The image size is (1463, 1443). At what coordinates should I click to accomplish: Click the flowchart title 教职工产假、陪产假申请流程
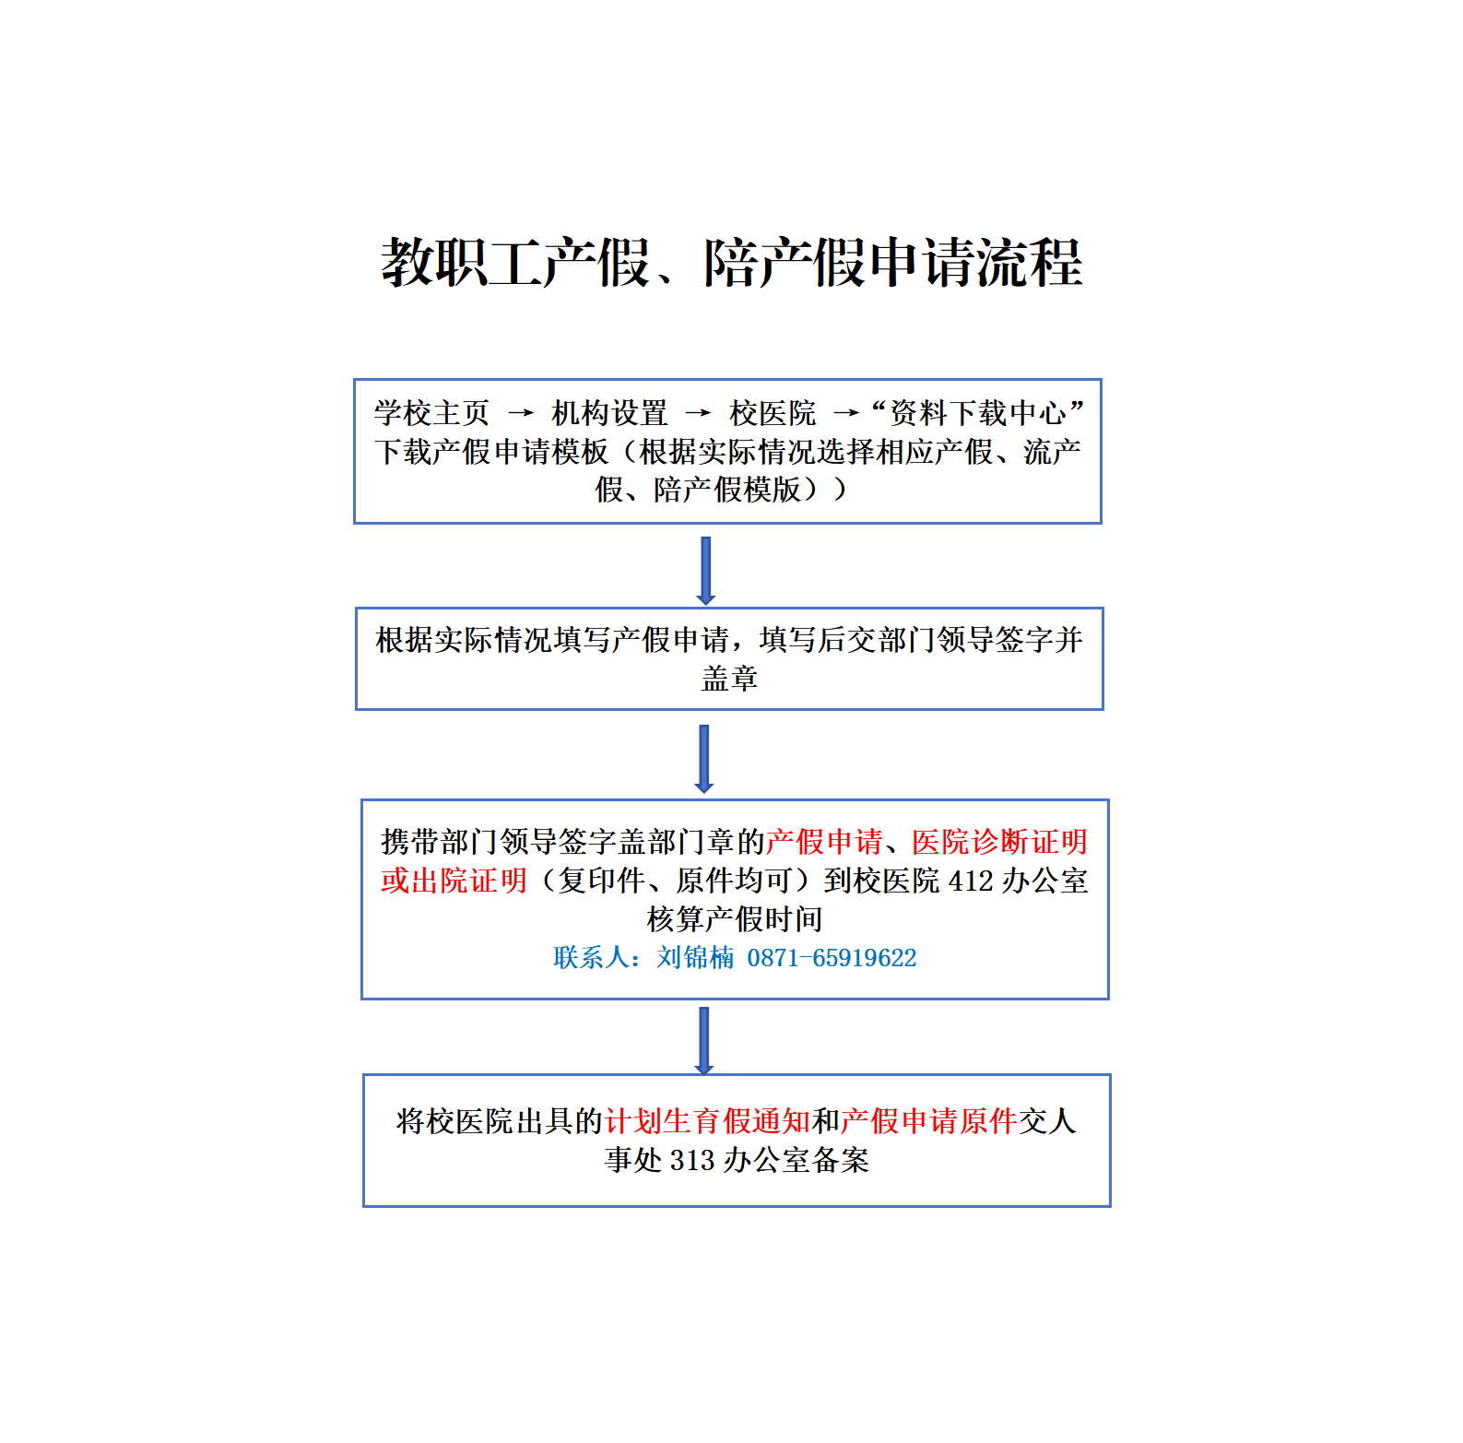pyautogui.click(x=731, y=263)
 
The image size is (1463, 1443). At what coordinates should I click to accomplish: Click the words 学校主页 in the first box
pyautogui.click(x=431, y=413)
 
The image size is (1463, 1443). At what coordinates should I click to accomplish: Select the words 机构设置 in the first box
pyautogui.click(x=609, y=413)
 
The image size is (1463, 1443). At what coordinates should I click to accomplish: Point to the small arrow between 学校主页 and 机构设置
pyautogui.click(x=521, y=413)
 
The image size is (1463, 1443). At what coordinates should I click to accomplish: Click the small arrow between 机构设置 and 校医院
pyautogui.click(x=698, y=413)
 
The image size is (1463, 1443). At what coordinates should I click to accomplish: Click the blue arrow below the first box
pyautogui.click(x=706, y=571)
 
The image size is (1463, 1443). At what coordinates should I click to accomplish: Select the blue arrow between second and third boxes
pyautogui.click(x=704, y=759)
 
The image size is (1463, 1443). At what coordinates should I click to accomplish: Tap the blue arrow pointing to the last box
pyautogui.click(x=704, y=1041)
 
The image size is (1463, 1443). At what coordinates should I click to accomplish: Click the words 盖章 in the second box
pyautogui.click(x=729, y=679)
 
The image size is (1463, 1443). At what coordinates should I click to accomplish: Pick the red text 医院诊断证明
pyautogui.click(x=1000, y=842)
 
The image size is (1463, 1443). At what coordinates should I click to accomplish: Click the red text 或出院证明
pyautogui.click(x=454, y=881)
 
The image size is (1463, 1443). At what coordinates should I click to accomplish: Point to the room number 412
pyautogui.click(x=971, y=881)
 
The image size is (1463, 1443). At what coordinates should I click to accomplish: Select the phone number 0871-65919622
pyautogui.click(x=832, y=958)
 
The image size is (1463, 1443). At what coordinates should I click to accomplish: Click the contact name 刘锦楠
pyautogui.click(x=695, y=958)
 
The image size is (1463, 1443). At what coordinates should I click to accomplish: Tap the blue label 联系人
pyautogui.click(x=592, y=958)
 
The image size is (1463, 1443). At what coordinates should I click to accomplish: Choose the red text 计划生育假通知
pyautogui.click(x=708, y=1121)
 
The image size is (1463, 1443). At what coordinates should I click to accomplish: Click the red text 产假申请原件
pyautogui.click(x=928, y=1121)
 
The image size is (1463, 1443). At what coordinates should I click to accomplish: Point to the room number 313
pyautogui.click(x=692, y=1160)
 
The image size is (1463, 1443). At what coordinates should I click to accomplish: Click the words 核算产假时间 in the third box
pyautogui.click(x=735, y=919)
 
